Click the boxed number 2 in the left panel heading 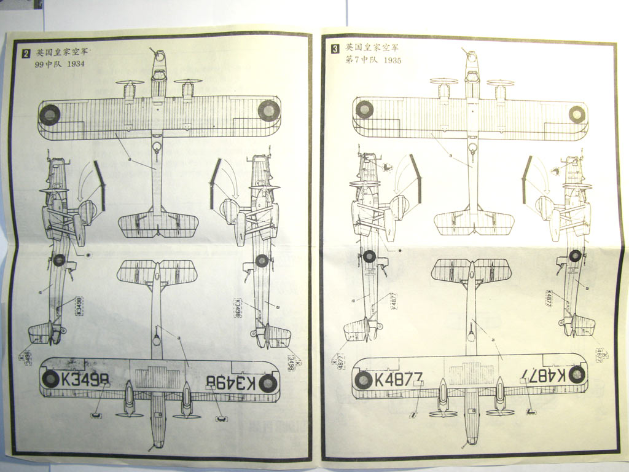point(26,53)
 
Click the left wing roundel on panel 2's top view point(50,114)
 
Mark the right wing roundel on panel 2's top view point(268,111)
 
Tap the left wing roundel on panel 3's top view point(364,109)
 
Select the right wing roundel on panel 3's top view point(577,114)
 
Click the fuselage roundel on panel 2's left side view point(59,260)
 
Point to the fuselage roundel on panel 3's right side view point(575,256)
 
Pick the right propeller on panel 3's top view point(501,82)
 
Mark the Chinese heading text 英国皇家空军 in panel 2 point(62,53)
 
